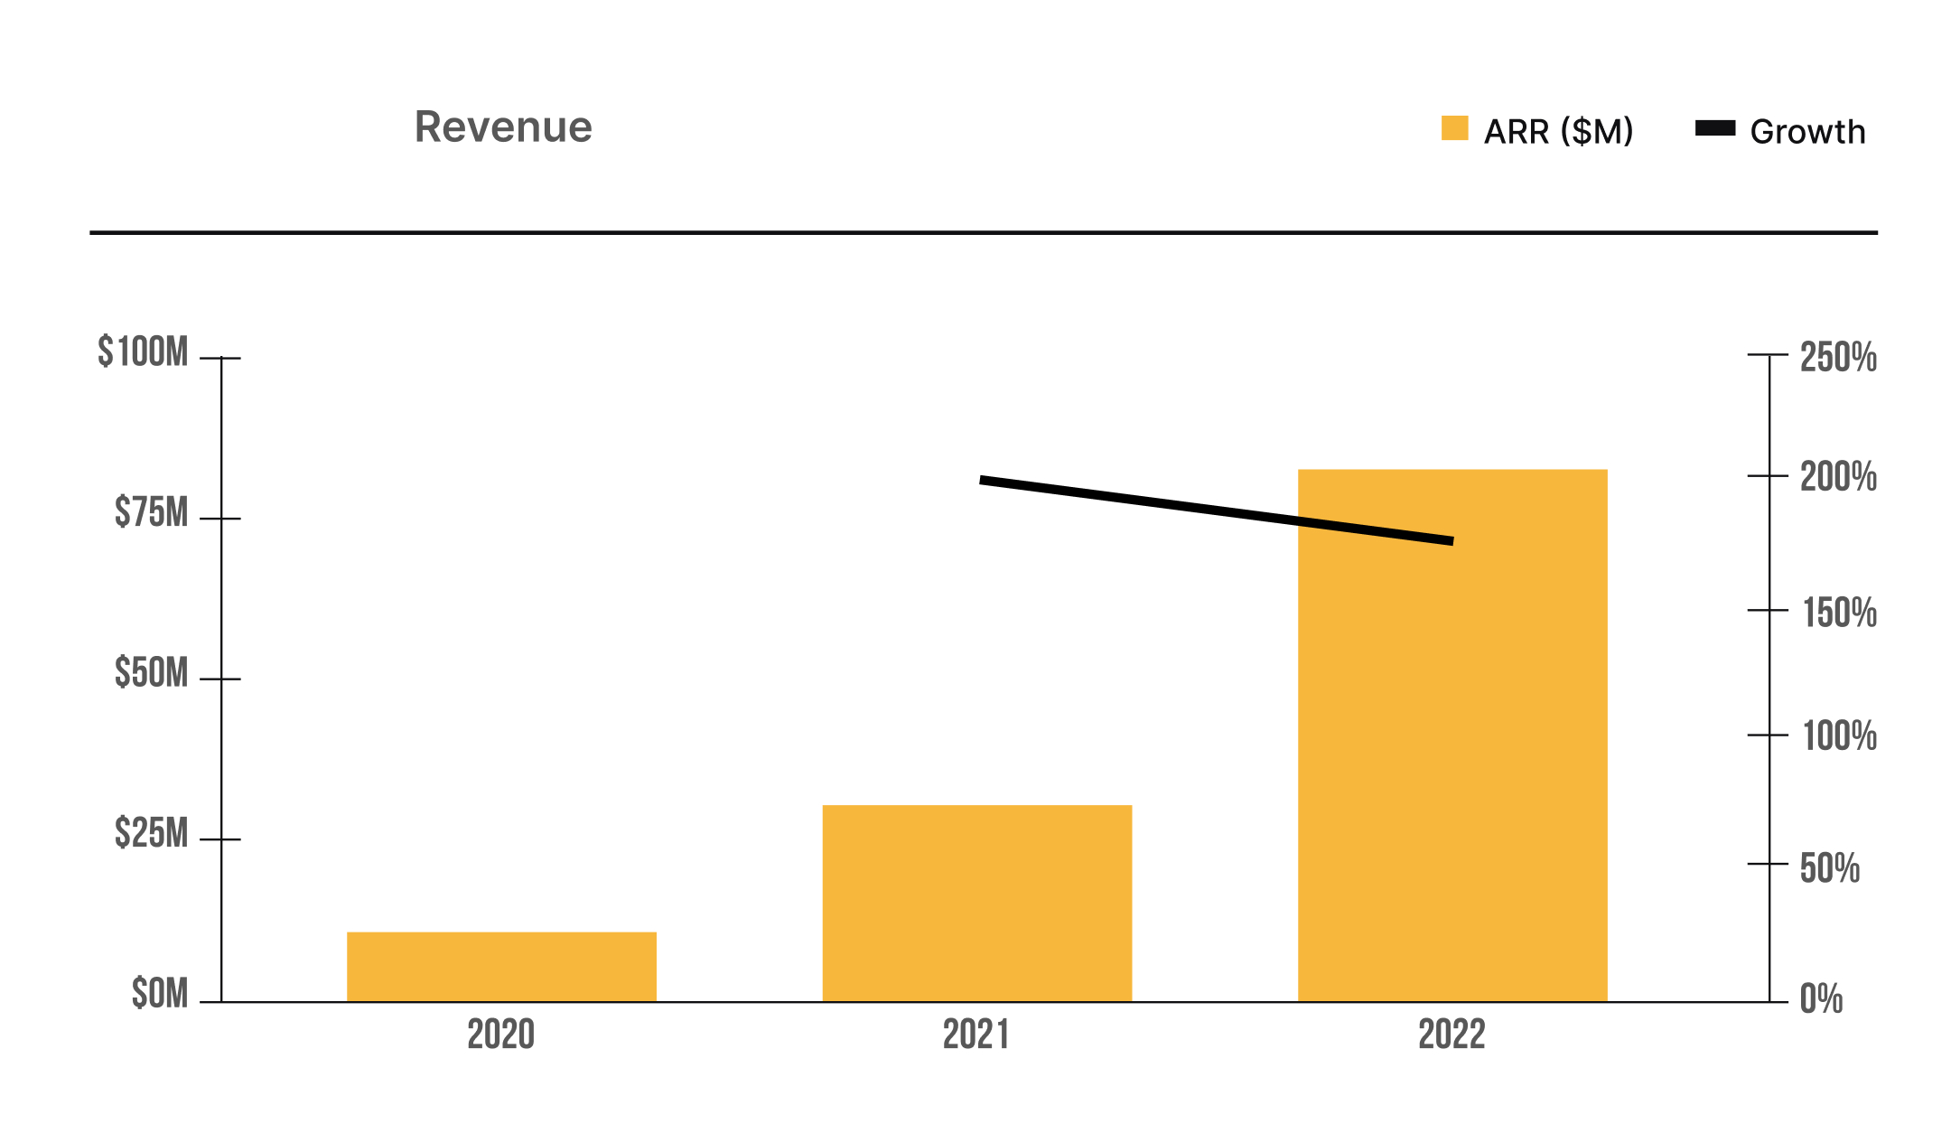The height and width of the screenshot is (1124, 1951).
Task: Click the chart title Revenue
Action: [503, 126]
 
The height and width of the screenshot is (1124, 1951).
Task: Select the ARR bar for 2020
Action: [501, 967]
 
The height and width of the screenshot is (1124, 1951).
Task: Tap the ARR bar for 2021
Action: [976, 904]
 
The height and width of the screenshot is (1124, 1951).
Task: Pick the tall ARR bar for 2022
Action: [1452, 735]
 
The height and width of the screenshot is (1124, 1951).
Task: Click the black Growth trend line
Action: [1217, 510]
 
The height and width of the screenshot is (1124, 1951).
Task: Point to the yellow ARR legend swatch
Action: [1454, 127]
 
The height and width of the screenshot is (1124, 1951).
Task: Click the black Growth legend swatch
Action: [1715, 128]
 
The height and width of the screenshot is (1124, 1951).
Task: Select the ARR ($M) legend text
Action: [1558, 132]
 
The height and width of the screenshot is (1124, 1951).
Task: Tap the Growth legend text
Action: [1807, 132]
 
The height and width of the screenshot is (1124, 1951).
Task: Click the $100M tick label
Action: [143, 351]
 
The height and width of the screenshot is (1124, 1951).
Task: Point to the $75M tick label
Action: [151, 512]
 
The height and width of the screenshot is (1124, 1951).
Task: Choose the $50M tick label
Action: [151, 673]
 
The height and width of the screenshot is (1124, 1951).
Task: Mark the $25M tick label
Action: [151, 833]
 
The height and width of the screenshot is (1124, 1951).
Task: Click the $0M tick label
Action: [160, 994]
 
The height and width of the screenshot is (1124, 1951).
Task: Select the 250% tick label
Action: [1838, 358]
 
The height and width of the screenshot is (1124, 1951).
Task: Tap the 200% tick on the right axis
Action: [1768, 475]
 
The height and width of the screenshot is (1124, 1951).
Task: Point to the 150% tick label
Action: [1840, 614]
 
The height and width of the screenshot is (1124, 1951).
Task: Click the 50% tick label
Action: [1830, 868]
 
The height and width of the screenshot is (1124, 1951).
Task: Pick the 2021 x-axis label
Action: [976, 1035]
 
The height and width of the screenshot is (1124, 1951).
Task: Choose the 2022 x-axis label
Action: [1452, 1035]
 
